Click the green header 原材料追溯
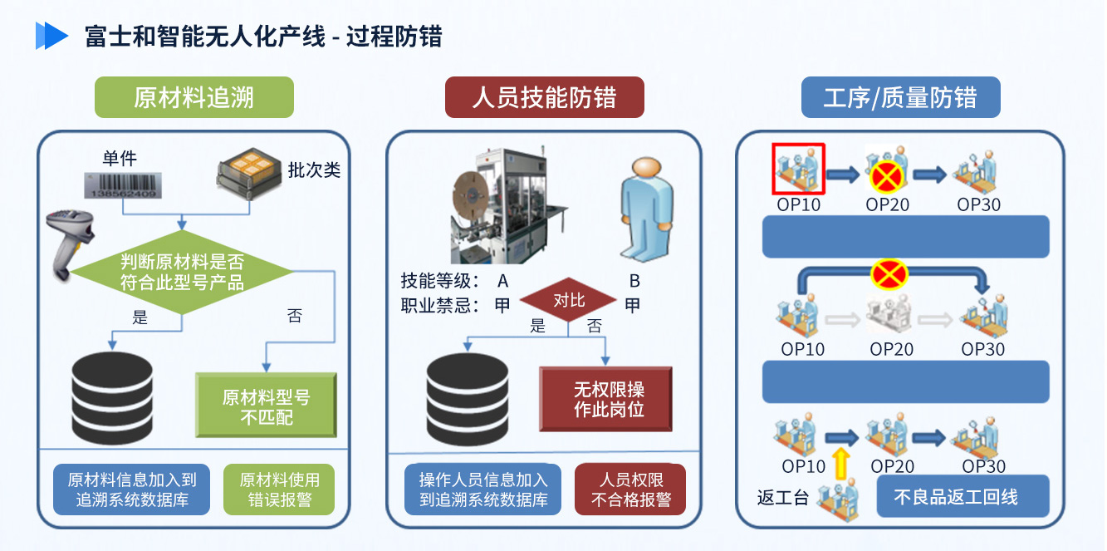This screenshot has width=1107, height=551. pos(194,97)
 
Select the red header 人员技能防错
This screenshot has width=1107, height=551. pos(545,97)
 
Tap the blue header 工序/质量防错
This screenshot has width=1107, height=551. pos(900,97)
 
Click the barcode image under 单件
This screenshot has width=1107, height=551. pos(123,185)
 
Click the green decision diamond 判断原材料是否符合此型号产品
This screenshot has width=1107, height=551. pos(182,272)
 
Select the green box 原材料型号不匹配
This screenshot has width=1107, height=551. pos(267,405)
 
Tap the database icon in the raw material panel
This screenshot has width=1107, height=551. pos(112,397)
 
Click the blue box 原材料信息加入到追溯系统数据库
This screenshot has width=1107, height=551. pos(132,490)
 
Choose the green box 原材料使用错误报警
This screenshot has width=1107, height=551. pos(279,490)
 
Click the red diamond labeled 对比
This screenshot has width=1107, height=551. pos(568,300)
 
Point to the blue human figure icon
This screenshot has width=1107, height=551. pos(647,209)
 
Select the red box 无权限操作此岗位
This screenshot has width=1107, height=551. pos(606,399)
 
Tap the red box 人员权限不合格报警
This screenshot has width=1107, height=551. pos(630,490)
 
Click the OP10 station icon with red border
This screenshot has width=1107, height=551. pos(799,169)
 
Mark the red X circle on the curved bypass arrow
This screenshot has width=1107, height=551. pos(889,275)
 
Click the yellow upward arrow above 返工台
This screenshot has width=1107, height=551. pos(841,463)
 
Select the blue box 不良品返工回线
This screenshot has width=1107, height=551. pos(963,496)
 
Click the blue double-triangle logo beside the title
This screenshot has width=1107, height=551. pos(51,36)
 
